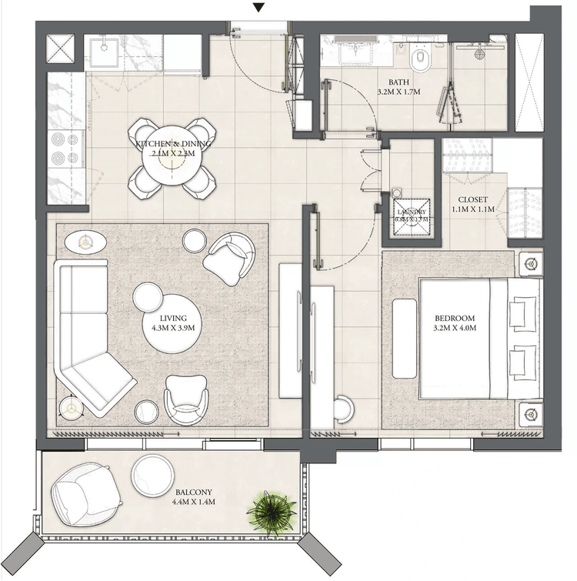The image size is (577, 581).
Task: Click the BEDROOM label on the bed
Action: [455, 319]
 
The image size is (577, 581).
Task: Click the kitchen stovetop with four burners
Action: [66, 150]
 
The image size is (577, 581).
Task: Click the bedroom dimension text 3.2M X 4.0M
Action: [455, 329]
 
